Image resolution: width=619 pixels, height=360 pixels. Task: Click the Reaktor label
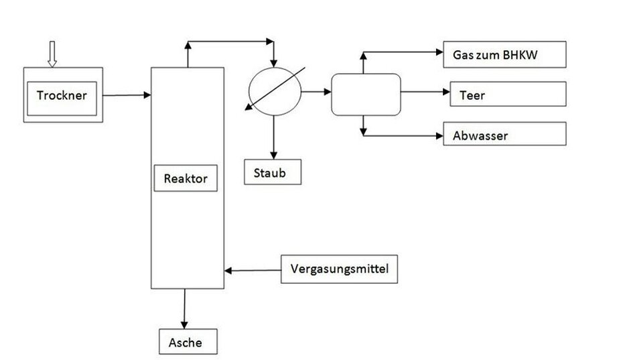click(x=186, y=178)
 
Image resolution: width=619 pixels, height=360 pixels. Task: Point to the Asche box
click(x=188, y=342)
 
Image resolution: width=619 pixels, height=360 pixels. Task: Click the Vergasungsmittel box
click(x=339, y=270)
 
